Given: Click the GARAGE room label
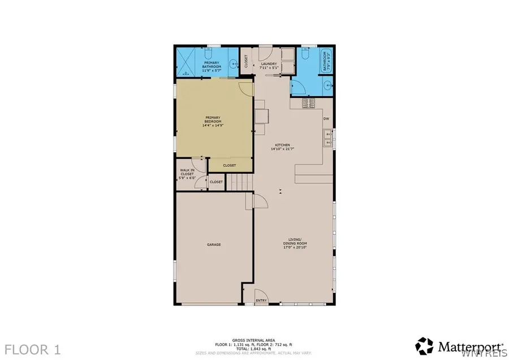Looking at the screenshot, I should click(213, 245).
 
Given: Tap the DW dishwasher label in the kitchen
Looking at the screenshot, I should click(326, 119).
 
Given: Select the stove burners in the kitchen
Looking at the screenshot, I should click(309, 103).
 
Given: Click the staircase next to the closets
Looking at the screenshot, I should click(239, 182).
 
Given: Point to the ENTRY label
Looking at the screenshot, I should click(261, 301).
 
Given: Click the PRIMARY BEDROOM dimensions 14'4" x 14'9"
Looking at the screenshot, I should click(213, 126).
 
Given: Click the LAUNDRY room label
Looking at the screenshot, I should click(269, 64).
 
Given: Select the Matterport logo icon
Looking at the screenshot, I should click(424, 345).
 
